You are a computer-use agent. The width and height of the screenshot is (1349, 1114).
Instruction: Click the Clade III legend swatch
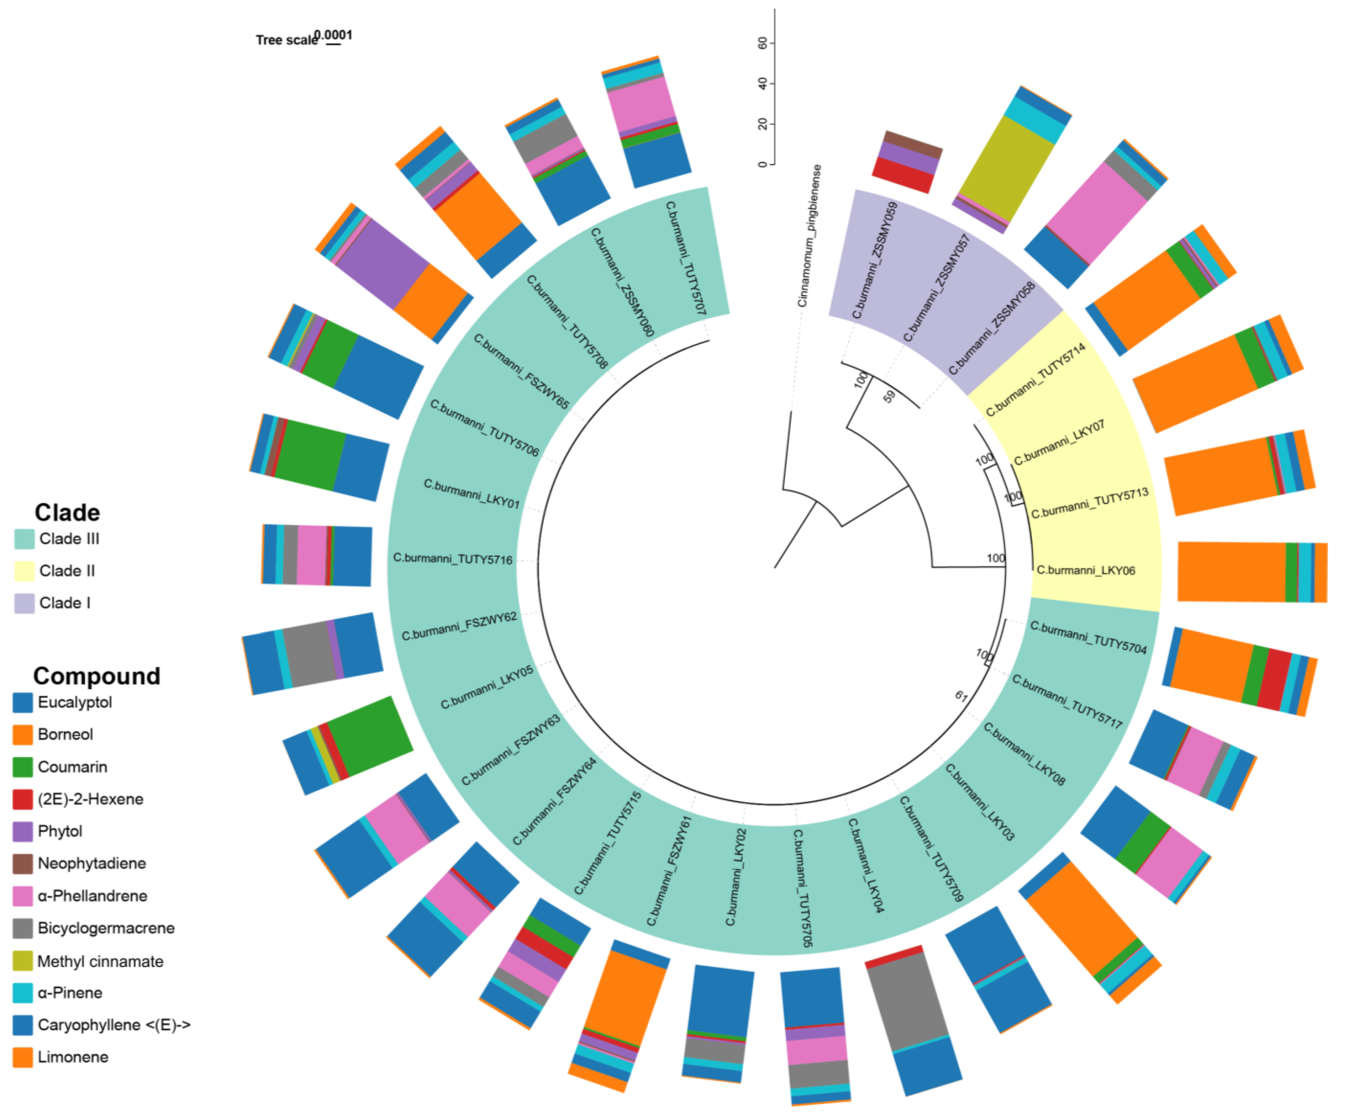24,539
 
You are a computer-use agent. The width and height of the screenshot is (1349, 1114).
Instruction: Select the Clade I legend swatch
24,603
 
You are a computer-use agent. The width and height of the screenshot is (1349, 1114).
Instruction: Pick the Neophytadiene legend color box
22,864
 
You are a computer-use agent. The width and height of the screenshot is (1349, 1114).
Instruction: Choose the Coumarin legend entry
72,767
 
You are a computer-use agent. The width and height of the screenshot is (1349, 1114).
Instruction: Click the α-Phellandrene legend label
93,896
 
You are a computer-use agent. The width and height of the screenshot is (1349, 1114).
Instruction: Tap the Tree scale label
286,40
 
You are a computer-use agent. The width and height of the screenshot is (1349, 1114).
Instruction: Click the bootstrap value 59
889,397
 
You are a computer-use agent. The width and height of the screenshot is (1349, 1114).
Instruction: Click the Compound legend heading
96,676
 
